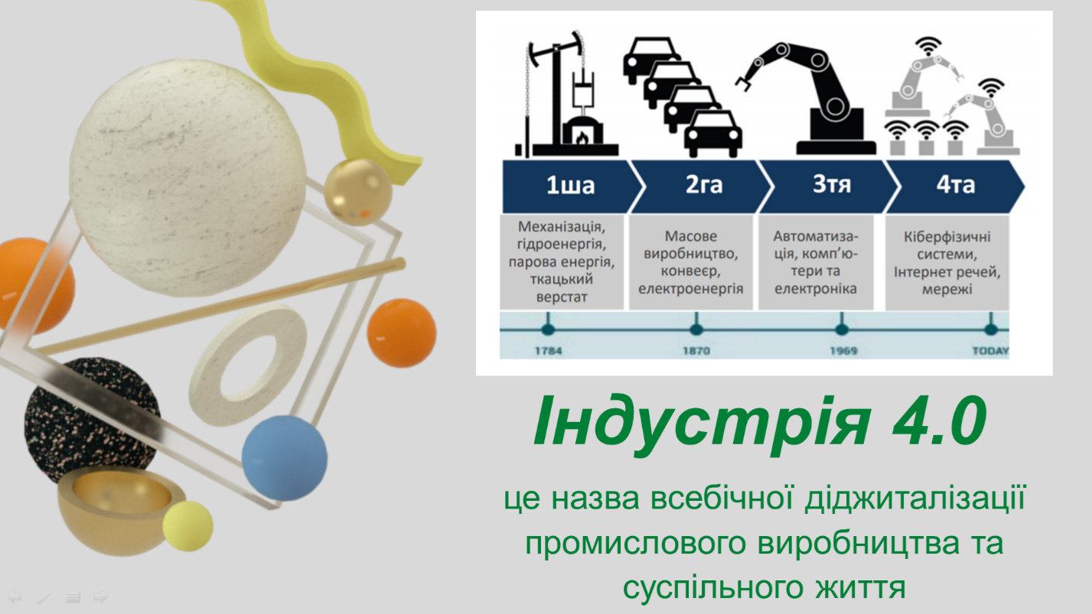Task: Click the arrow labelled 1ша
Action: click(570, 186)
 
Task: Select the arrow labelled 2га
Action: click(702, 186)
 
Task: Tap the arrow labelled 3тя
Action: click(831, 186)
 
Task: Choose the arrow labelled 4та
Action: click(956, 186)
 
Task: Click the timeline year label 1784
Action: click(549, 351)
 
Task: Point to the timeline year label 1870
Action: click(696, 351)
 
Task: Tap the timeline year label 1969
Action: click(843, 351)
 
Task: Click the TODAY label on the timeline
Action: click(990, 351)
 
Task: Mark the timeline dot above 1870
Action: click(696, 330)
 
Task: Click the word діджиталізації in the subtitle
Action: click(915, 499)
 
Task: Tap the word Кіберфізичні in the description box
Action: click(947, 237)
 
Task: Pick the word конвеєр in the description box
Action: click(691, 271)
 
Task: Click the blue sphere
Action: click(285, 458)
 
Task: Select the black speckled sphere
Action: click(90, 421)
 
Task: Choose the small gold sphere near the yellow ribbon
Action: click(358, 192)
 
